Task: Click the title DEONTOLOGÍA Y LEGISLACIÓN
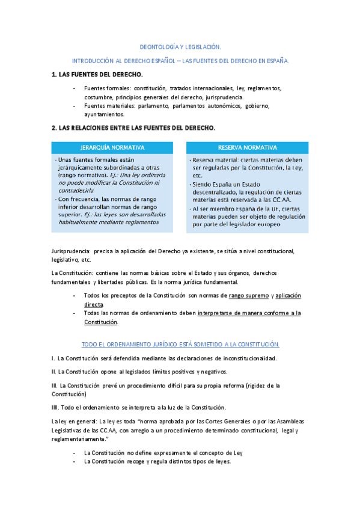180,46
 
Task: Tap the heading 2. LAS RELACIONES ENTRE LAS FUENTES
133,128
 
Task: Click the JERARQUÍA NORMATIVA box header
112,147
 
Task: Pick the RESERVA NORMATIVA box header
247,147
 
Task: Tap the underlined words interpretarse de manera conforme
243,313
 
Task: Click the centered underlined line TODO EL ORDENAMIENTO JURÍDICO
180,344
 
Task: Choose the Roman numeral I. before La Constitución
53,358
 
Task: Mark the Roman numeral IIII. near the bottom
56,407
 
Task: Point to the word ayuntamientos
104,114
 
